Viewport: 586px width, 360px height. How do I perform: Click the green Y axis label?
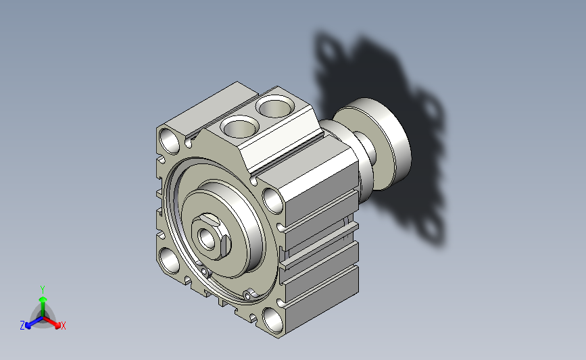tap(43, 290)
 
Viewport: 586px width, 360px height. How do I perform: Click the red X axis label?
tap(63, 326)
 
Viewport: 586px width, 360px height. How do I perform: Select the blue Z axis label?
tap(22, 326)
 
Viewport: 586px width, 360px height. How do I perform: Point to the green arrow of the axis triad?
tap(43, 307)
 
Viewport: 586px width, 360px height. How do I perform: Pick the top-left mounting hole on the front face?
tap(169, 140)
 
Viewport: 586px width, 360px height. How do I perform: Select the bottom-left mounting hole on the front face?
tap(170, 260)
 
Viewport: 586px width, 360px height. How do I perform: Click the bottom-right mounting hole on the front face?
tap(273, 320)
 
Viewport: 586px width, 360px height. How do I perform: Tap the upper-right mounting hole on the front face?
tap(273, 201)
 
